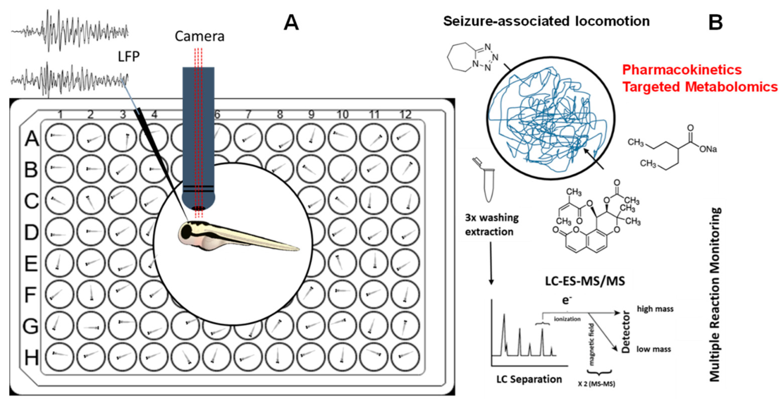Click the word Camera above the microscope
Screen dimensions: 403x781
point(199,37)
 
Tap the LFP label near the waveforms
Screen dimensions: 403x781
point(128,56)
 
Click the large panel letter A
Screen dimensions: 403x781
point(291,22)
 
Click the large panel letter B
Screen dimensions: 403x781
point(716,22)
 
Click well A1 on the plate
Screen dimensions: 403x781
point(59,137)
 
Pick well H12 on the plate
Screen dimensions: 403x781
point(405,356)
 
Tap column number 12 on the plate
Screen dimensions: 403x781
point(405,114)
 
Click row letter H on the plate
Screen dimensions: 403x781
point(31,357)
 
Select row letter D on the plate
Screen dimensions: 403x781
point(31,232)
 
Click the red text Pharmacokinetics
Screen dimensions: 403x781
point(682,70)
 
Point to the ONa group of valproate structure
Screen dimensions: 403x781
point(708,149)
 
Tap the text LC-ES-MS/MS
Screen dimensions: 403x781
point(585,281)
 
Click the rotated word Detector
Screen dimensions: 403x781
point(626,332)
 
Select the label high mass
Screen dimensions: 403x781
point(655,309)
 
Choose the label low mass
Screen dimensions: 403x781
point(653,349)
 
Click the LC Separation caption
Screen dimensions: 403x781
point(529,379)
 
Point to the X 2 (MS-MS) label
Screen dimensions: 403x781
point(596,384)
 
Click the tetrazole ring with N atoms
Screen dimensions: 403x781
point(485,57)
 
